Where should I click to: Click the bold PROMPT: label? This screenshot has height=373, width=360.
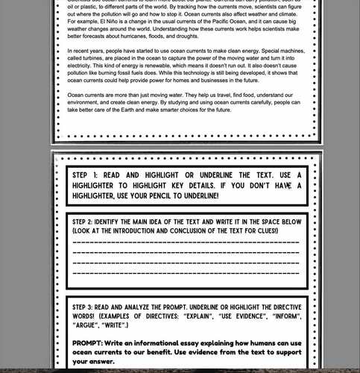tap(92, 343)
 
